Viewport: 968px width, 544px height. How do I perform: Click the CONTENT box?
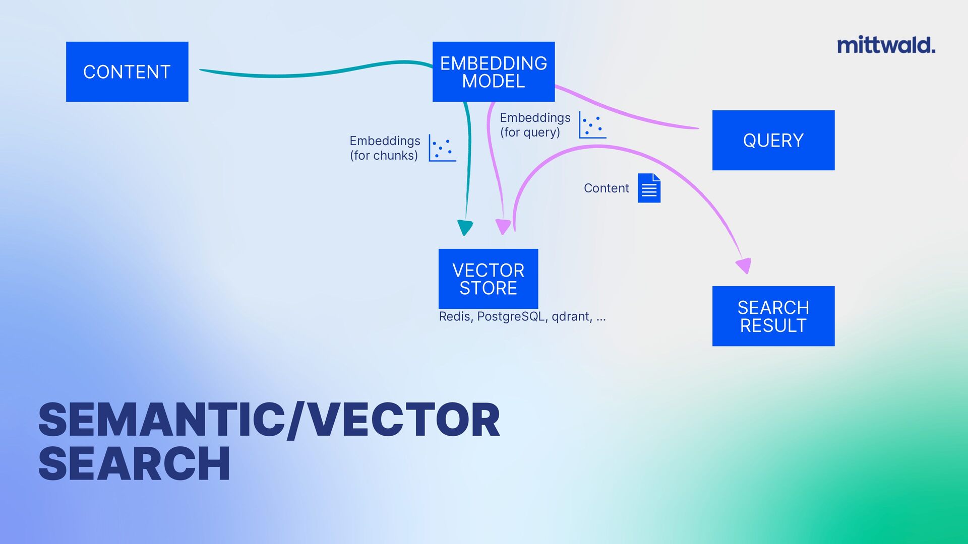point(127,72)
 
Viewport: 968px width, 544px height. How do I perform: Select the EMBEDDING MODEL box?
point(493,72)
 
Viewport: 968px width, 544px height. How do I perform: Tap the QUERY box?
point(773,140)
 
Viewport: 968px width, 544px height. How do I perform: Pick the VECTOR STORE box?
point(488,279)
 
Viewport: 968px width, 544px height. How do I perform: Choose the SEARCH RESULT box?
point(773,316)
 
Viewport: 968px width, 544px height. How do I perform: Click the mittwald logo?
point(886,45)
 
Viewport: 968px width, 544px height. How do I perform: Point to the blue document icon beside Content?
point(649,188)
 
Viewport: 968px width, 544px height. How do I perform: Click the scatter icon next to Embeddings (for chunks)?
point(442,148)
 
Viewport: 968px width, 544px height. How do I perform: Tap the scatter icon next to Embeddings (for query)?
point(592,125)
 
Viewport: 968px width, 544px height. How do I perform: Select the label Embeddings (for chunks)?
point(385,148)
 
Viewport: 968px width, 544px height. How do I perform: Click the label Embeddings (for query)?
point(534,125)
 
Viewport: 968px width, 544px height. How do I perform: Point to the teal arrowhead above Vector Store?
point(465,227)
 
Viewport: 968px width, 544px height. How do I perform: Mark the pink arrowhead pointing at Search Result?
point(744,265)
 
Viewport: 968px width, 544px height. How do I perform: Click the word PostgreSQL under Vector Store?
point(511,316)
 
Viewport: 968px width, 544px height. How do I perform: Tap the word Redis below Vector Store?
point(454,316)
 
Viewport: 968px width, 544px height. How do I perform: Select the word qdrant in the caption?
point(571,316)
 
